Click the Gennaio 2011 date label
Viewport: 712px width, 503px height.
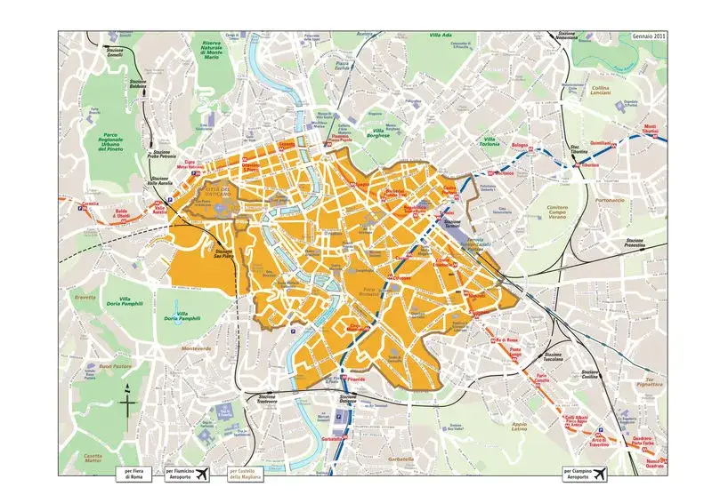[x=648, y=36]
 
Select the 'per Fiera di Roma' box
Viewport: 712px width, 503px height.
[x=134, y=475]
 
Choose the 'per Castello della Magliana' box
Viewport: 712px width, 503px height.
[x=246, y=475]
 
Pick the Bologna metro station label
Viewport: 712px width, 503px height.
[x=520, y=145]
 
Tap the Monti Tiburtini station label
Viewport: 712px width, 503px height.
[x=651, y=129]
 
